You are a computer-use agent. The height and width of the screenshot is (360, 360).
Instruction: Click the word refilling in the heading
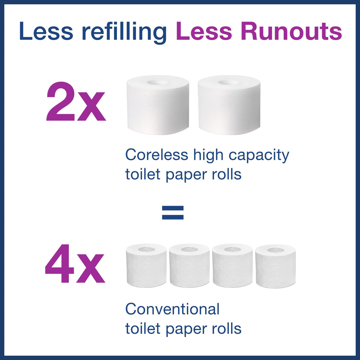124,31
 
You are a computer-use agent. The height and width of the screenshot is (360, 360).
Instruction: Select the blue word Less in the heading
46,31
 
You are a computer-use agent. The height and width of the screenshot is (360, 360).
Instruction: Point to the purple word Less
204,31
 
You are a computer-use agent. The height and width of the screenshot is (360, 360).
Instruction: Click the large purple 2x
76,102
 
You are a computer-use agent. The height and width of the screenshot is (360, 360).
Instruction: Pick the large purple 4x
75,264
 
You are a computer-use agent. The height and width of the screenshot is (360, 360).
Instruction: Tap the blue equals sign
173,212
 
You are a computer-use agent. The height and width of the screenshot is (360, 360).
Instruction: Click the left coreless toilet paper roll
158,105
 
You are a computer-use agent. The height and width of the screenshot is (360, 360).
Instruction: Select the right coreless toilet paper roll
229,105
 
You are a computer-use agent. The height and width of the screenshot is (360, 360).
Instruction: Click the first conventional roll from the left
146,265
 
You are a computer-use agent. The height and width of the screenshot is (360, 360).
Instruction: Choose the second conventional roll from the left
189,265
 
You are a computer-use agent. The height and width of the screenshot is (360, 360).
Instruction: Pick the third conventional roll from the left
233,265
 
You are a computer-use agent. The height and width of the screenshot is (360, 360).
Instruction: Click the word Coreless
157,155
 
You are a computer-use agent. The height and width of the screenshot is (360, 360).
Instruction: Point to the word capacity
259,156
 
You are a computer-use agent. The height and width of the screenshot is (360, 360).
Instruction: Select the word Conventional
172,309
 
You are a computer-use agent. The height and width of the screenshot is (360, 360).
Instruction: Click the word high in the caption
208,156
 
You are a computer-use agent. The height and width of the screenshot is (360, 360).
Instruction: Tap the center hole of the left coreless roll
158,82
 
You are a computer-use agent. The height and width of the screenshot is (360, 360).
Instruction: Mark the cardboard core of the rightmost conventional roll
275,249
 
